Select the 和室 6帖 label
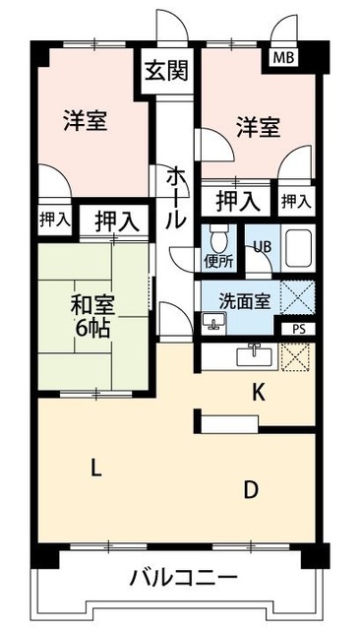(x=88, y=314)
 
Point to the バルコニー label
(x=183, y=578)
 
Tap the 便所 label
(x=218, y=262)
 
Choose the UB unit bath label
(x=263, y=247)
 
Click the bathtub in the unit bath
(x=297, y=249)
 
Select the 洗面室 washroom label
(x=247, y=301)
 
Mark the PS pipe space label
(x=299, y=330)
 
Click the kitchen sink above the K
(x=255, y=355)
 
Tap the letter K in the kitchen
(x=258, y=393)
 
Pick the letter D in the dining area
(x=253, y=489)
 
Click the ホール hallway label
(x=174, y=198)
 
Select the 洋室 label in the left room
(x=85, y=121)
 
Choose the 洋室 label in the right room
(x=258, y=127)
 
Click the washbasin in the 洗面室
(x=213, y=320)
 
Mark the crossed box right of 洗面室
(x=297, y=297)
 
